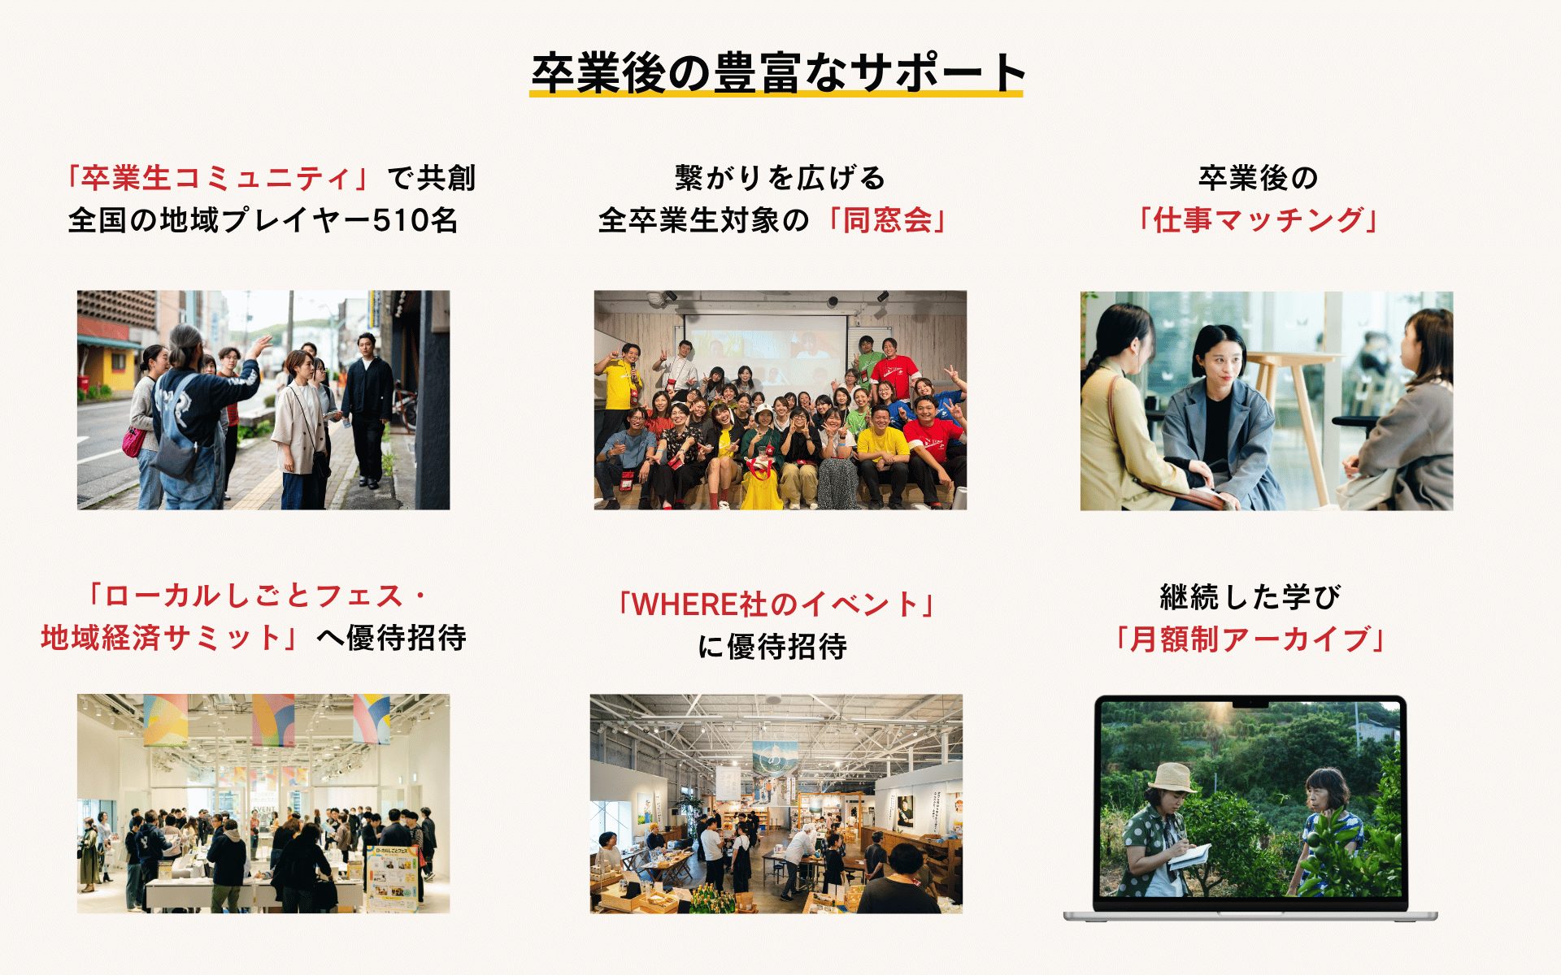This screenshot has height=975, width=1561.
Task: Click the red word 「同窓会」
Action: coord(886,220)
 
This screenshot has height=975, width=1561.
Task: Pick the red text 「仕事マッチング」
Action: coord(1259,220)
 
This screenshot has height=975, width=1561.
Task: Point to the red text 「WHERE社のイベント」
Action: coord(776,604)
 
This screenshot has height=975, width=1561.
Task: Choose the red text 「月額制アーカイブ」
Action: coord(1250,639)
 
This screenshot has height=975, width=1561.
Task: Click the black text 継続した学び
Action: coord(1250,597)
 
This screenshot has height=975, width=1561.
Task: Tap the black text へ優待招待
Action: coord(391,638)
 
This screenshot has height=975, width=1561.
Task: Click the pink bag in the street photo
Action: coord(133,442)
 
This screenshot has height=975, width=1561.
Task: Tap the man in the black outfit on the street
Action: coord(367,410)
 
